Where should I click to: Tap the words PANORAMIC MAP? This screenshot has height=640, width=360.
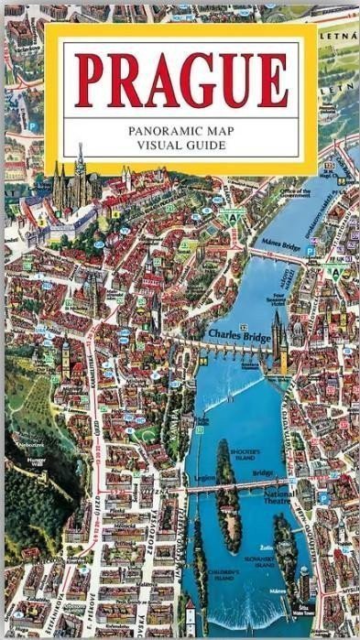[180, 131]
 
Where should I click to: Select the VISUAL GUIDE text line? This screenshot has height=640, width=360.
[180, 146]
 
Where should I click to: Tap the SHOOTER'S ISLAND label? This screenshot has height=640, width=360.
[245, 454]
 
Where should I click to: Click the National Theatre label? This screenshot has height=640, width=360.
[278, 497]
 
